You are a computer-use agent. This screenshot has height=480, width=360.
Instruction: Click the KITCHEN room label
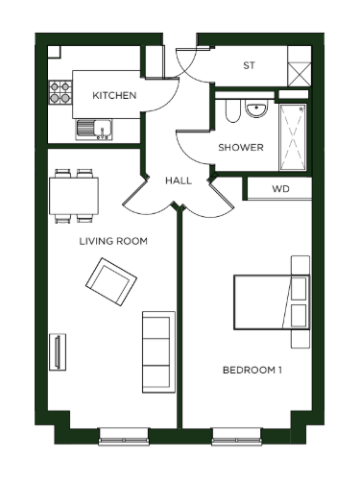114,95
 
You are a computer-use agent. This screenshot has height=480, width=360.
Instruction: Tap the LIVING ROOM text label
113,241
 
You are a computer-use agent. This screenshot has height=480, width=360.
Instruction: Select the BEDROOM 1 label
252,371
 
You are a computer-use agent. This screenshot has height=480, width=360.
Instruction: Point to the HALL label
179,180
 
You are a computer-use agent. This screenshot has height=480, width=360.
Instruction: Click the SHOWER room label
241,148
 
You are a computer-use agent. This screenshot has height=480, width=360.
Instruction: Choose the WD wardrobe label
280,189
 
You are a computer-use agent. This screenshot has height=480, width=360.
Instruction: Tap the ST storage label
249,65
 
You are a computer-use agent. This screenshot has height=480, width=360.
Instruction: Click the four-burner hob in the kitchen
60,92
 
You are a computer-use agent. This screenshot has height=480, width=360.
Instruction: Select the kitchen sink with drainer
94,130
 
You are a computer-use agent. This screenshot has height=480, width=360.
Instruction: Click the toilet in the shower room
232,110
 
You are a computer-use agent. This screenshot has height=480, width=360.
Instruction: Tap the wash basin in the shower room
256,108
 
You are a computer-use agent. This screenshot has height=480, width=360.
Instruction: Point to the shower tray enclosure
293,137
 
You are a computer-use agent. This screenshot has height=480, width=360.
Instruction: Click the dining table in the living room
74,196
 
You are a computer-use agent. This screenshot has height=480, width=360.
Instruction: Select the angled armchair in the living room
111,282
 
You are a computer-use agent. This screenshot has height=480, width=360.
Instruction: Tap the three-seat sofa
158,352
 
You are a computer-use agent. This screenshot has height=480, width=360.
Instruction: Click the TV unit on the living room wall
58,352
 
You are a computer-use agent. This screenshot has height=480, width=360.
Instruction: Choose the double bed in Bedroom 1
272,302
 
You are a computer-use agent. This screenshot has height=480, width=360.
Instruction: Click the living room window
124,437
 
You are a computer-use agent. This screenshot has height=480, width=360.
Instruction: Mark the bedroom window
237,437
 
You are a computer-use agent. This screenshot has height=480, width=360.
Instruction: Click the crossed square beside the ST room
300,75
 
